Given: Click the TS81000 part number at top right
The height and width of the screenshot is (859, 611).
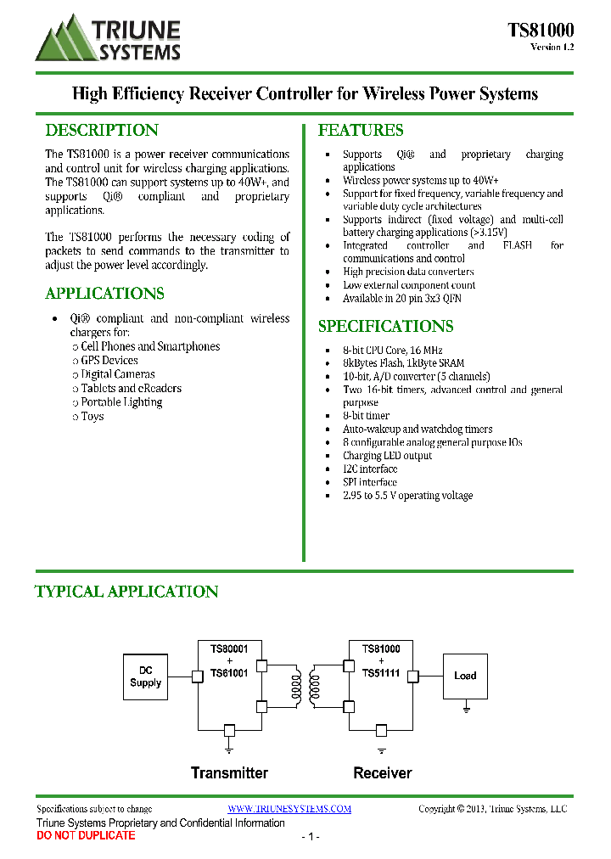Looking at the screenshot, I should [541, 31].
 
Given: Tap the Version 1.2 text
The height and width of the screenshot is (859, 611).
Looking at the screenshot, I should [552, 48].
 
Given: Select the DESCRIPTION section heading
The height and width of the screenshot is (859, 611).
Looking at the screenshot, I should [102, 131].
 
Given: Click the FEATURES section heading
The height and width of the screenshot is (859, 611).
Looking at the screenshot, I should [361, 131].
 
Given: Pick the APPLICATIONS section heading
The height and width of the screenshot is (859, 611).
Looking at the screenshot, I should [104, 294].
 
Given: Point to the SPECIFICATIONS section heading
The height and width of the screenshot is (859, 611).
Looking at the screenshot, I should [385, 327].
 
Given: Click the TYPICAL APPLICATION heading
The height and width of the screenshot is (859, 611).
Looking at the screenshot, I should [126, 592].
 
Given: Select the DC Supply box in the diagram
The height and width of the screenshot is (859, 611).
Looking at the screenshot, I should [145, 677].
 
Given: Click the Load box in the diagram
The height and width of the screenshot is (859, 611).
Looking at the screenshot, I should [465, 676].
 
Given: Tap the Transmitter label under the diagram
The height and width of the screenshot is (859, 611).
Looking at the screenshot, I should [229, 773].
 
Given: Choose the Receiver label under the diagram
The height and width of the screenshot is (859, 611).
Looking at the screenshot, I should [383, 773].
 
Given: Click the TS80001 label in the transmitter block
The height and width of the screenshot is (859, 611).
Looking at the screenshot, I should [229, 649].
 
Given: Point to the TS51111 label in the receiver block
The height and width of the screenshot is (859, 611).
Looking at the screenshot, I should [381, 672].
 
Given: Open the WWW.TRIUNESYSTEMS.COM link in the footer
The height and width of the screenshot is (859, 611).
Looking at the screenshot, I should [289, 809].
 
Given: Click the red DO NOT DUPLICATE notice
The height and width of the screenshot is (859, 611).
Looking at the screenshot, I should [86, 836].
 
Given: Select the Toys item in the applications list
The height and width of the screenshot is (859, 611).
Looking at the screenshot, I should [92, 417].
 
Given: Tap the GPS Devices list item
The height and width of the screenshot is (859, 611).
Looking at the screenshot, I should [109, 361].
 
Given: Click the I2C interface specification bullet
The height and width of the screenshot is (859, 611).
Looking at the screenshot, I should [370, 469].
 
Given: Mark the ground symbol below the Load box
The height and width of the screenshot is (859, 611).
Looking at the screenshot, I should [465, 707].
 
